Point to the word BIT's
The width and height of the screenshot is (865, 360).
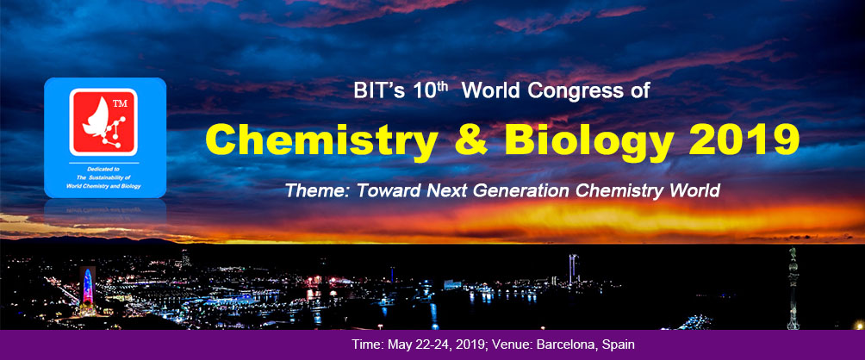pyautogui.click(x=380, y=91)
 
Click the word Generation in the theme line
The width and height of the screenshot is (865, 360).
pyautogui.click(x=524, y=190)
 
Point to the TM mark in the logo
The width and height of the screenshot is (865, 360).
pyautogui.click(x=119, y=103)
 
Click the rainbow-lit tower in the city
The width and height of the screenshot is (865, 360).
pyautogui.click(x=88, y=288)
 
